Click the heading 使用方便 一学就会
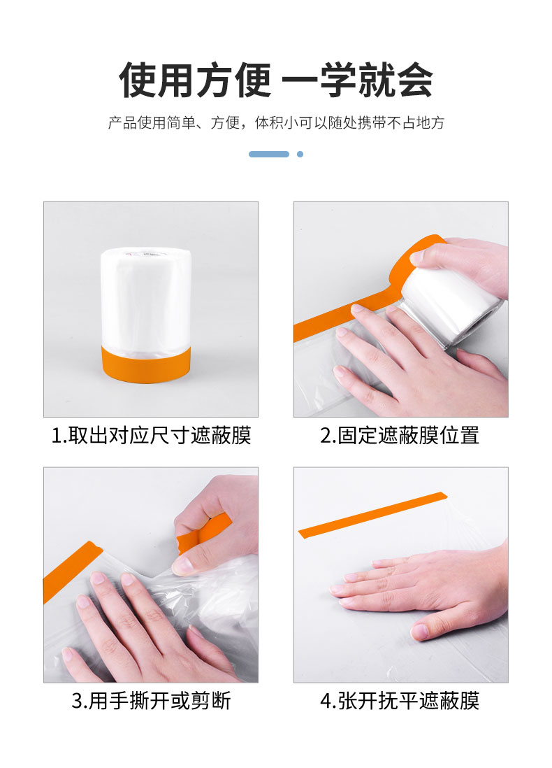click(x=276, y=80)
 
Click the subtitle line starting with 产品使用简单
click(x=276, y=122)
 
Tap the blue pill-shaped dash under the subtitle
click(x=268, y=155)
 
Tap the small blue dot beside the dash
click(x=300, y=155)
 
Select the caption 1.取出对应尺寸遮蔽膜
click(x=151, y=436)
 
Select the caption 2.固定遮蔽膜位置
click(x=400, y=436)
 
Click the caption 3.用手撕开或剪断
click(x=151, y=701)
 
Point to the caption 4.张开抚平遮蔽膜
click(x=400, y=701)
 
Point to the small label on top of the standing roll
click(x=147, y=253)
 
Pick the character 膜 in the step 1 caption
click(x=241, y=436)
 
